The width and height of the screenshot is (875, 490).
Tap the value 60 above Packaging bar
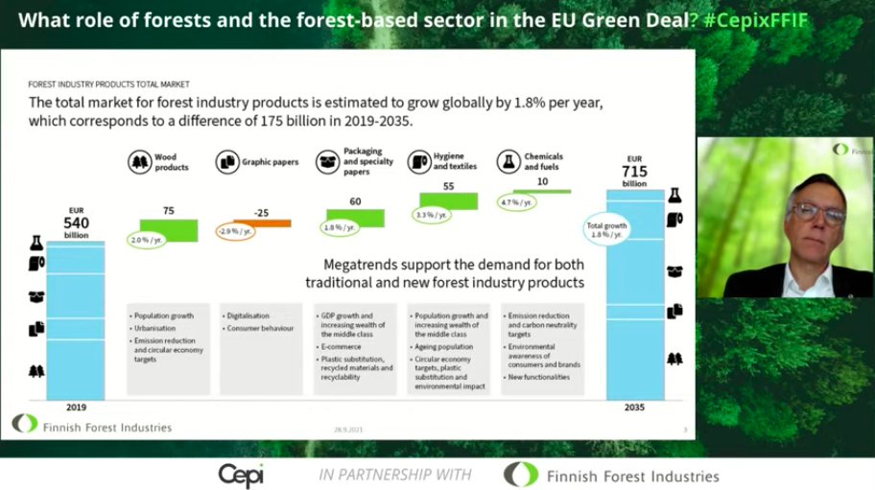coord(355,201)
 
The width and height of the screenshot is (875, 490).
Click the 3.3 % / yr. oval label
coord(430,215)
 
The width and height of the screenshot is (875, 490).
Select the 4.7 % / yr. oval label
coord(516,202)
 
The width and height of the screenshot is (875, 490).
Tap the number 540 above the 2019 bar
coord(76,221)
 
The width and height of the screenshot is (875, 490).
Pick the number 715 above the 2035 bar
coord(634,170)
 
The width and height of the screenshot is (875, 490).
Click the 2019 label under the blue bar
coord(76,407)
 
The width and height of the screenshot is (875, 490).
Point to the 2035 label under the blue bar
coord(634,407)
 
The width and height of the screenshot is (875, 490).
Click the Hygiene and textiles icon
coord(419,161)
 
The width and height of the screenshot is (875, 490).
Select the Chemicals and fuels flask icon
coord(508,161)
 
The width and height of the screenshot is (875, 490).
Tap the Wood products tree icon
coord(140,161)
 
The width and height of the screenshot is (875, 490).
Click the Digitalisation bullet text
coord(249,315)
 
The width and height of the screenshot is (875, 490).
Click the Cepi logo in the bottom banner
coord(240,475)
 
